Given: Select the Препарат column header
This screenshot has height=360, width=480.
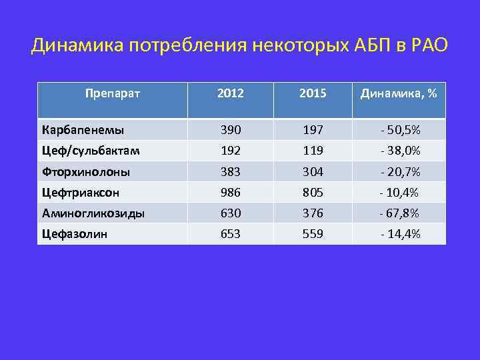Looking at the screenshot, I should tap(113, 93).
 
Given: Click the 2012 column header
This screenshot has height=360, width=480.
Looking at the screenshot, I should tap(231, 93).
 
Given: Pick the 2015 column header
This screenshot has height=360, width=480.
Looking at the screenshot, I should tap(313, 93).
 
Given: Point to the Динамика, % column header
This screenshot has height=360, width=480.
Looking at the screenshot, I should tap(399, 93).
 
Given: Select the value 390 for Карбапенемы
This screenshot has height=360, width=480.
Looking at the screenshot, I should tap(231, 129).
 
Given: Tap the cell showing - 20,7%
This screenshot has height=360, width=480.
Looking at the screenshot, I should tap(400, 172).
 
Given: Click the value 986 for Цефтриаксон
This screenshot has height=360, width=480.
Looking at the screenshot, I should tap(231, 193).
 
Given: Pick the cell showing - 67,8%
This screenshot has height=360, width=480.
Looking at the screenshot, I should tap(400, 214).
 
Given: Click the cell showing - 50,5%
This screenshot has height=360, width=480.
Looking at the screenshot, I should tap(400, 129).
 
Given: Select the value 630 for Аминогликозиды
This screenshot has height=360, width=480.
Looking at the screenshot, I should tap(231, 214).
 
